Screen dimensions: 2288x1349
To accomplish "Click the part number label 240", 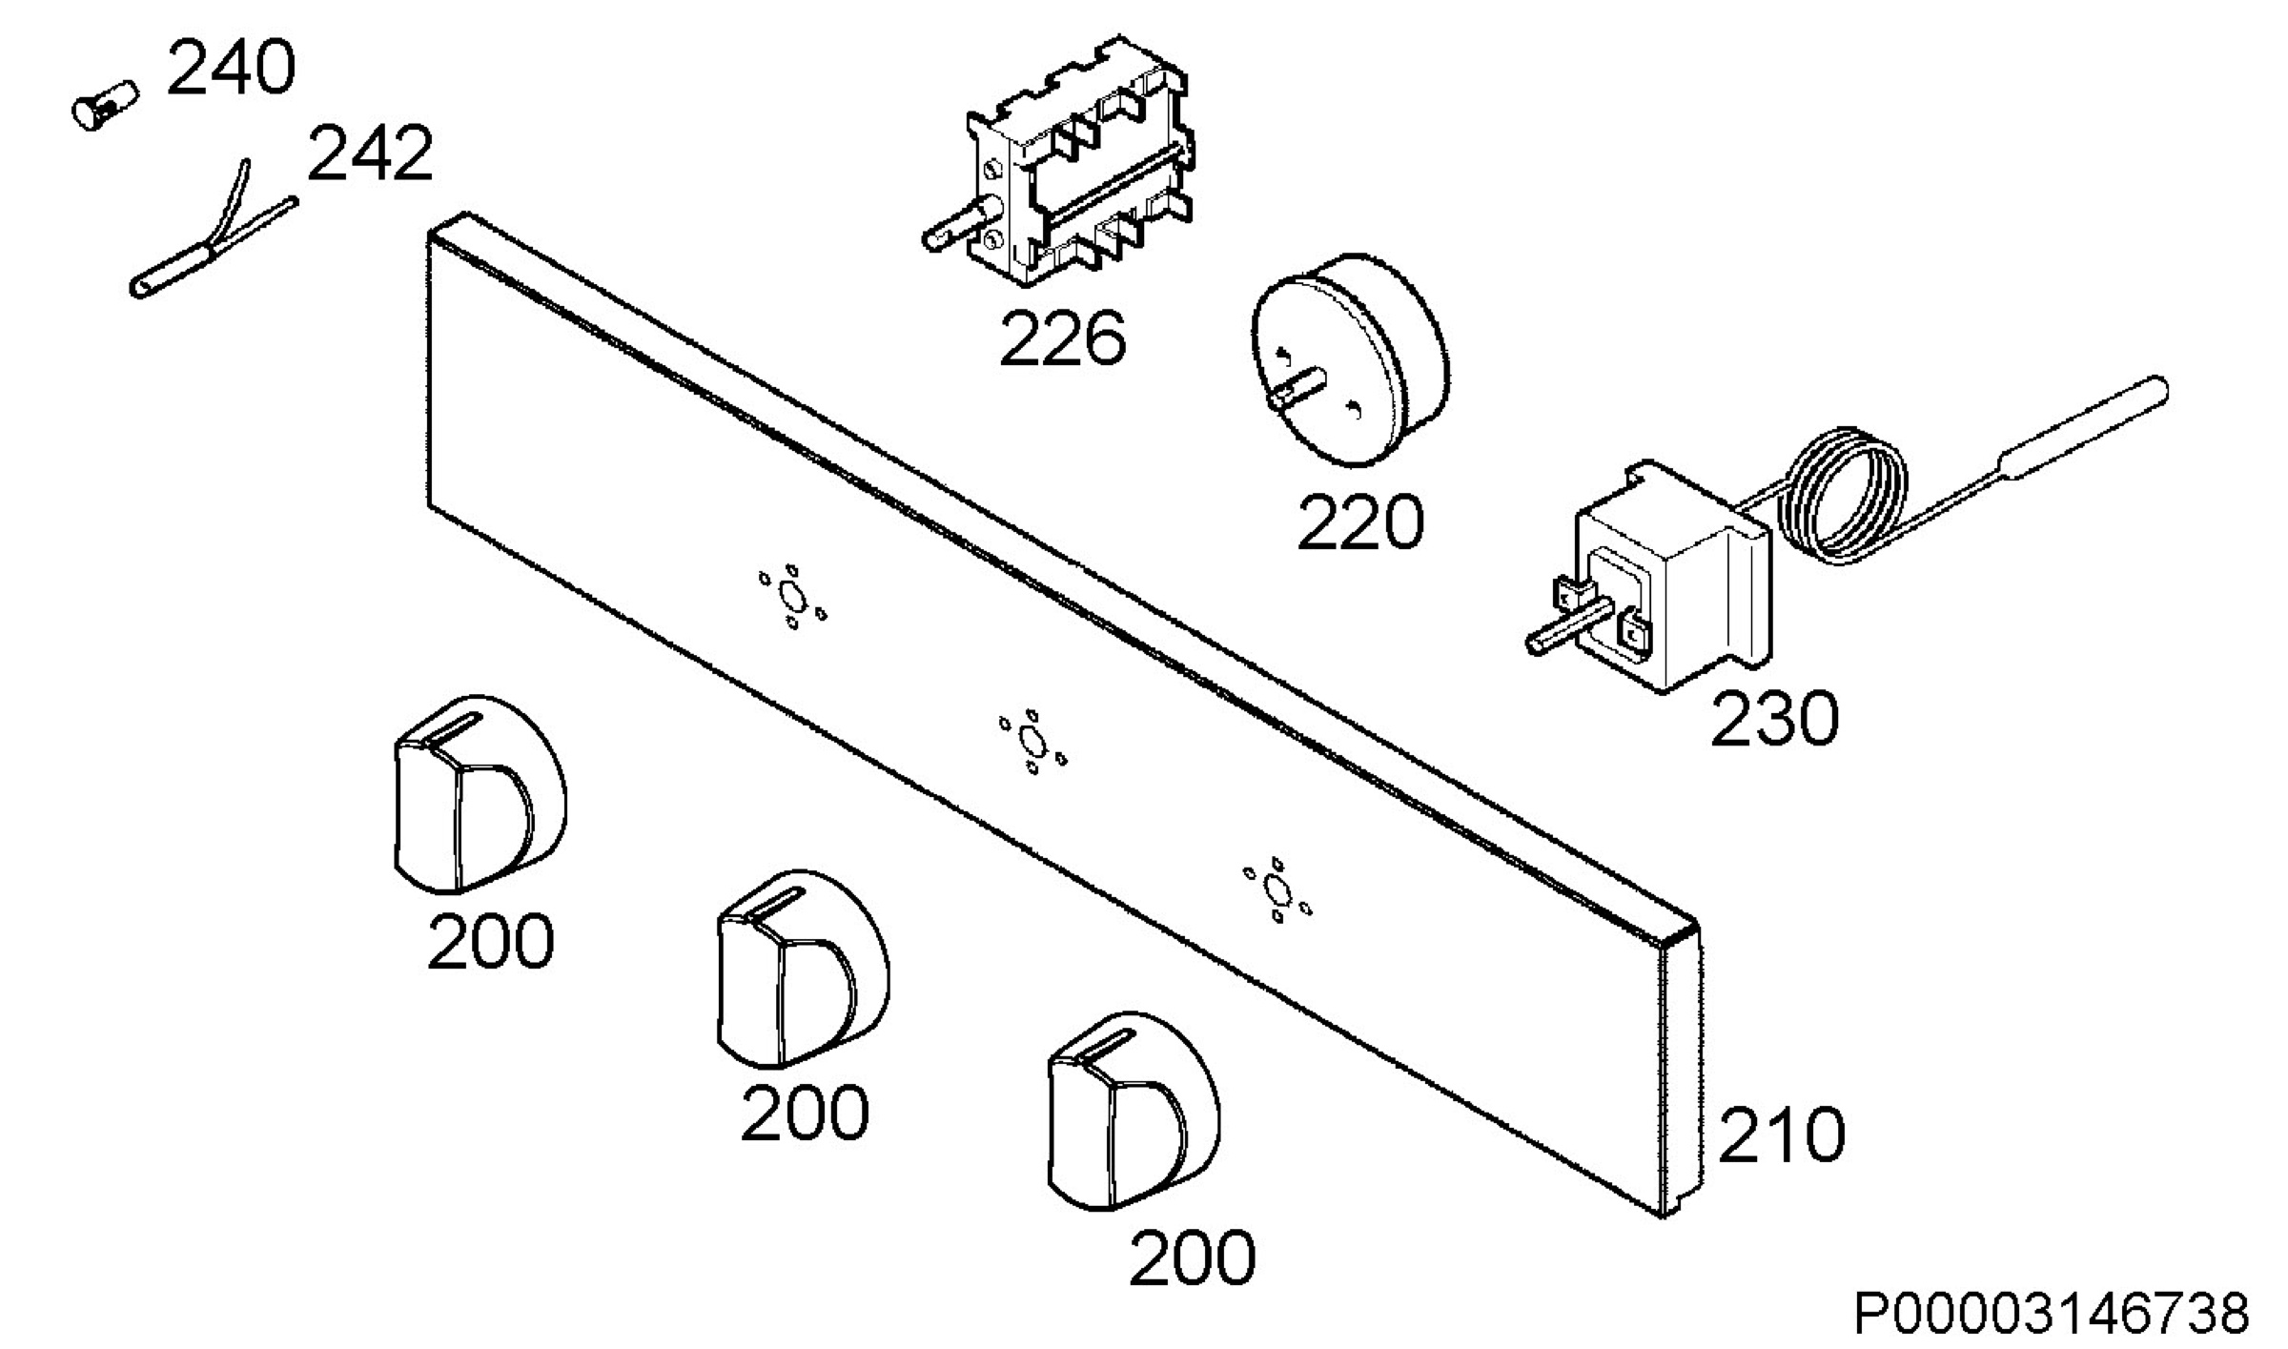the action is (232, 68).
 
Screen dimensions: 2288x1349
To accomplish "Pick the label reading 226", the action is (1063, 338).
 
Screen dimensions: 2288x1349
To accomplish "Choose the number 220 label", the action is (1360, 522).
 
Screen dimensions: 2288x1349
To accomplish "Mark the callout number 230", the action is (1774, 719).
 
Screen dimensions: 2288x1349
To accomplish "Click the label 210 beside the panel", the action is (1782, 1135).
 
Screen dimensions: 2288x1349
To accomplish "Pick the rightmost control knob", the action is (1134, 1113).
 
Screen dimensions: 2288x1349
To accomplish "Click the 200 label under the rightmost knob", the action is (1193, 1258).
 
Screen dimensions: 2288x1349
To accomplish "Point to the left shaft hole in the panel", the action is (791, 598).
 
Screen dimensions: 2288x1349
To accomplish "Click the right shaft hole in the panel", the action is (1276, 889).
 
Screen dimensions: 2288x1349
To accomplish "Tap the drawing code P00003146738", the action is (2052, 1314).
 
